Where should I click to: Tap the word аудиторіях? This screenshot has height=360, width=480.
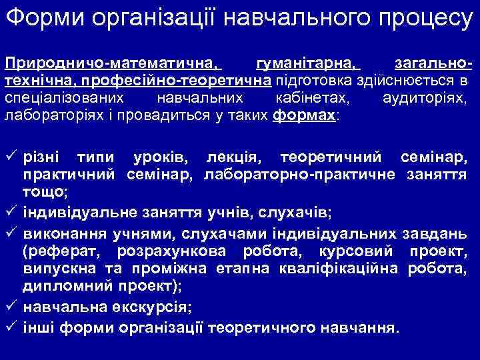426,99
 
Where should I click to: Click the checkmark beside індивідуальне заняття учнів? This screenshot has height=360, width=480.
11,212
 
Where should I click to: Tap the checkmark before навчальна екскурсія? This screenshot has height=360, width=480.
11,307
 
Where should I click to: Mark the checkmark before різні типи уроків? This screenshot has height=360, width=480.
11,158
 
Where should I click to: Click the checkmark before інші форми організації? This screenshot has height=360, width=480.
11,327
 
